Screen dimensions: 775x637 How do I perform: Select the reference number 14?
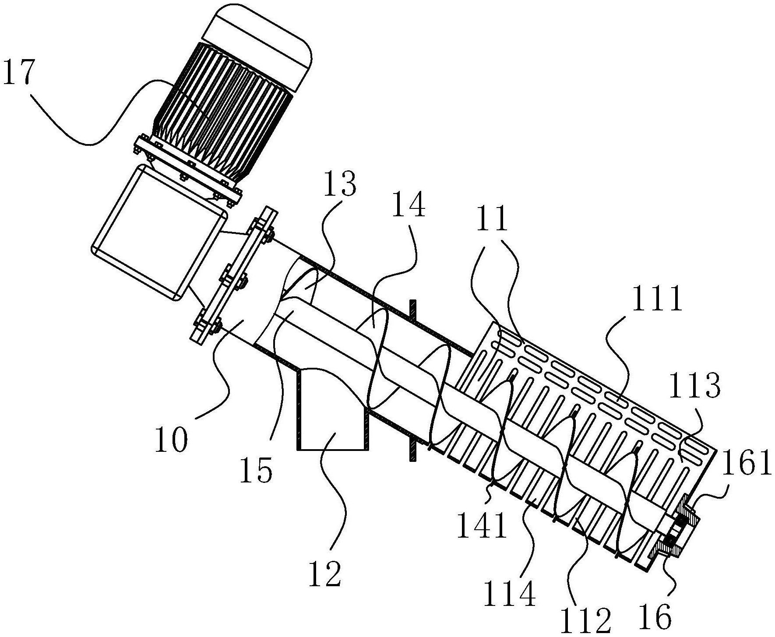click(409, 205)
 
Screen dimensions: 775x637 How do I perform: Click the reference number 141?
click(482, 526)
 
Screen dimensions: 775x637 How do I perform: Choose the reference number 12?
click(325, 574)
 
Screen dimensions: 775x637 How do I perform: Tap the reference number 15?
click(257, 470)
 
